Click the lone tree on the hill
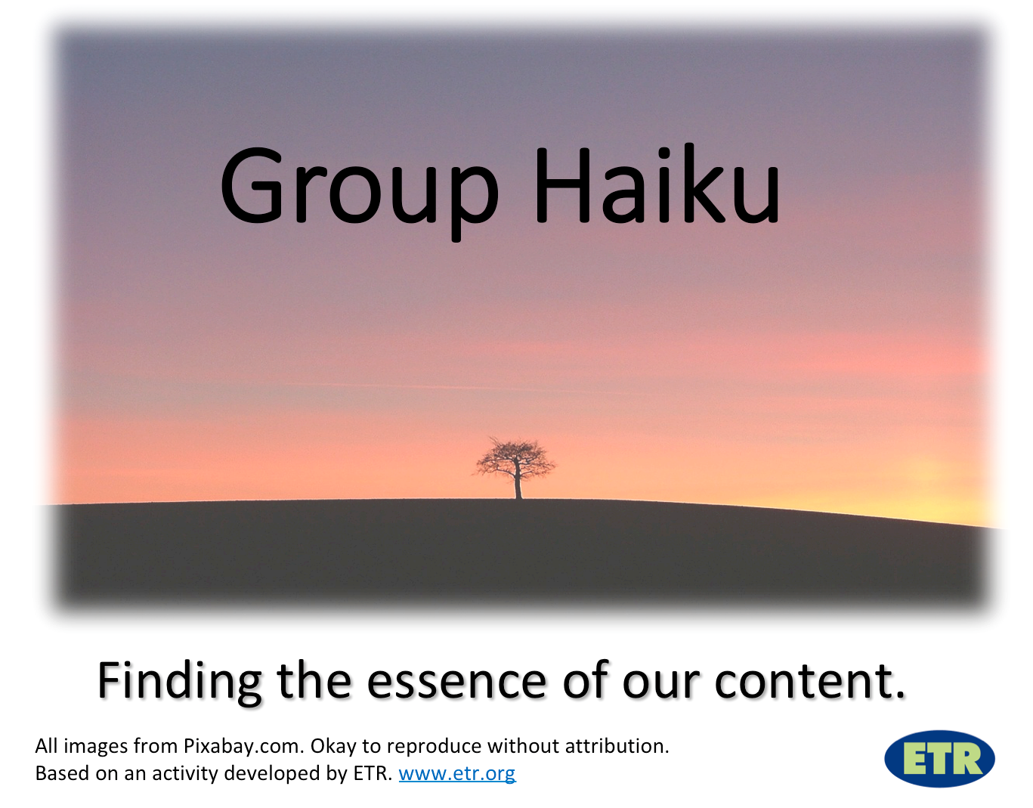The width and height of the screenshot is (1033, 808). (515, 468)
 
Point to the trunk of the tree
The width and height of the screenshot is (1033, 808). (518, 484)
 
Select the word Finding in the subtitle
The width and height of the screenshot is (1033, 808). (180, 682)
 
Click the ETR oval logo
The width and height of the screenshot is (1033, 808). (939, 759)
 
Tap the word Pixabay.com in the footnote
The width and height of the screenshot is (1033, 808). (244, 746)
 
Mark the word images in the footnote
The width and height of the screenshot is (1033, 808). (97, 748)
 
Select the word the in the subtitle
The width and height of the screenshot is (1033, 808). (314, 680)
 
